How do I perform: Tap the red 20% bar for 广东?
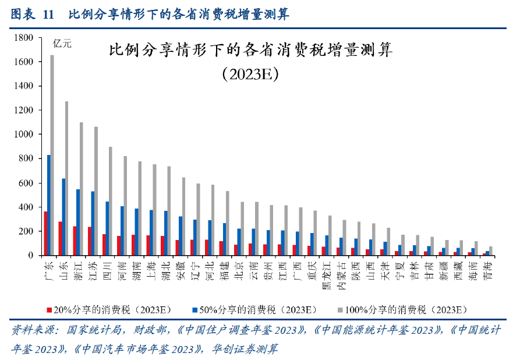pyautogui.click(x=45, y=233)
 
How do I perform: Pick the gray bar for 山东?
pyautogui.click(x=66, y=178)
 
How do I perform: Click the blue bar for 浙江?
pyautogui.click(x=78, y=222)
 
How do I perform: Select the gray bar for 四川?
pyautogui.click(x=110, y=201)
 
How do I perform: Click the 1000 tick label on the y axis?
pyautogui.click(x=24, y=135)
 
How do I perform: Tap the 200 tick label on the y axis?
pyautogui.click(x=27, y=231)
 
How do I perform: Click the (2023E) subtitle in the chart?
pyautogui.click(x=250, y=75)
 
